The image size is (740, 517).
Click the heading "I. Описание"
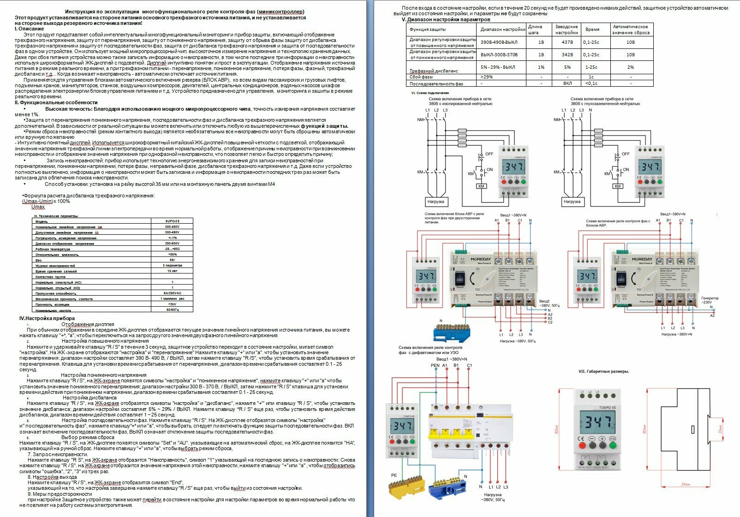coord(29,29)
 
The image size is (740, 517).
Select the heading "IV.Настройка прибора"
coord(47,318)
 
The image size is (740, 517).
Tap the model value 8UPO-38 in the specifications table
coord(172,221)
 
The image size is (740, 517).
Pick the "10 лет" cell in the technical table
coord(172,271)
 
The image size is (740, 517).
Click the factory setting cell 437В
coord(567,42)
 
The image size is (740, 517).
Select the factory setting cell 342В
coord(567,54)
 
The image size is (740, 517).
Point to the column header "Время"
coord(592,30)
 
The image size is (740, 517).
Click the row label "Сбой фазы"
coord(421,77)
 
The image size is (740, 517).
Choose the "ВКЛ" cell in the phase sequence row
coord(567,83)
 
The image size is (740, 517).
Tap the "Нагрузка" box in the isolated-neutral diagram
coord(436,202)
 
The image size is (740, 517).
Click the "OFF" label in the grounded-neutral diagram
coord(625,154)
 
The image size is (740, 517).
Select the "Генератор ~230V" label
coord(710,300)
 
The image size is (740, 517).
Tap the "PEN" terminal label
coord(435,365)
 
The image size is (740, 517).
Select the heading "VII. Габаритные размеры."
coord(603,371)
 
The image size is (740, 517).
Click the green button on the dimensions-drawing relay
coord(613,446)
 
